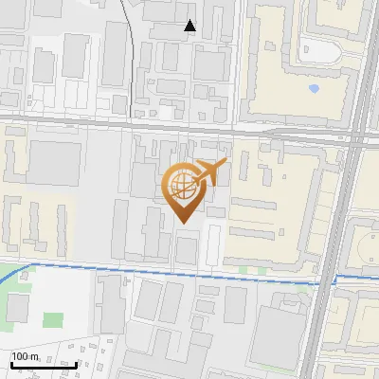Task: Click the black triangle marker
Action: (x=190, y=26)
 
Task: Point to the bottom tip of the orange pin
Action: (x=182, y=223)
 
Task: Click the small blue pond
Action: (x=314, y=90)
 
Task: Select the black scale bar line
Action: (x=44, y=364)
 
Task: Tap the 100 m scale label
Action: (x=27, y=355)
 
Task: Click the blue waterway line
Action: (x=189, y=273)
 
